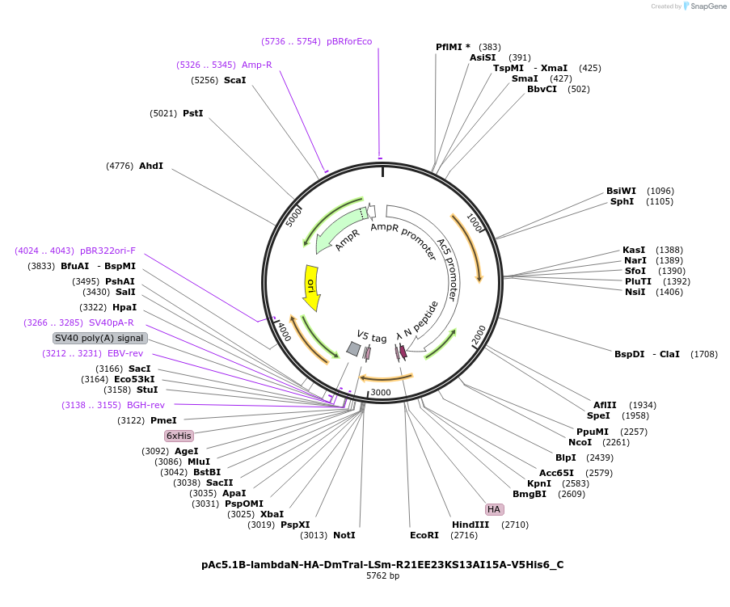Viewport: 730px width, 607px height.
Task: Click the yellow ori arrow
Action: [311, 287]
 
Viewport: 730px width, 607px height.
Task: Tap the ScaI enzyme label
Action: [234, 80]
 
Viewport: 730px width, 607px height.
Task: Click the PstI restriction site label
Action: [192, 113]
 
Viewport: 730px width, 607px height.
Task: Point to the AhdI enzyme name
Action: [151, 166]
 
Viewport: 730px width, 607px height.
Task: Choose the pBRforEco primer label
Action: [349, 41]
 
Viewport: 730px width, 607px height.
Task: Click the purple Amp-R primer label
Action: [256, 65]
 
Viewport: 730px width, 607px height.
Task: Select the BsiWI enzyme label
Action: [621, 191]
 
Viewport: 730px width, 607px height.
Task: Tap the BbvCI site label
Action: [542, 89]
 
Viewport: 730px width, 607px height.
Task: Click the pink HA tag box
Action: [494, 509]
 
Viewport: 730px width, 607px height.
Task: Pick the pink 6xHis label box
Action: [179, 436]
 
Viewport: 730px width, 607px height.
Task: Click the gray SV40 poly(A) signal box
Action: [99, 338]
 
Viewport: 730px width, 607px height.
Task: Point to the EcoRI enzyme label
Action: [424, 535]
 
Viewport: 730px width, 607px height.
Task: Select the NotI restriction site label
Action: [344, 535]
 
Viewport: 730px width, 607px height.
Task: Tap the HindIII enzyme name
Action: [470, 525]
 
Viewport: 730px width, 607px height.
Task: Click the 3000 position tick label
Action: [381, 393]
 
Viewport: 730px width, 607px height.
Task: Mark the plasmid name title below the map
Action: [382, 564]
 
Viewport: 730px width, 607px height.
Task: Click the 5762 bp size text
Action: [382, 576]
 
